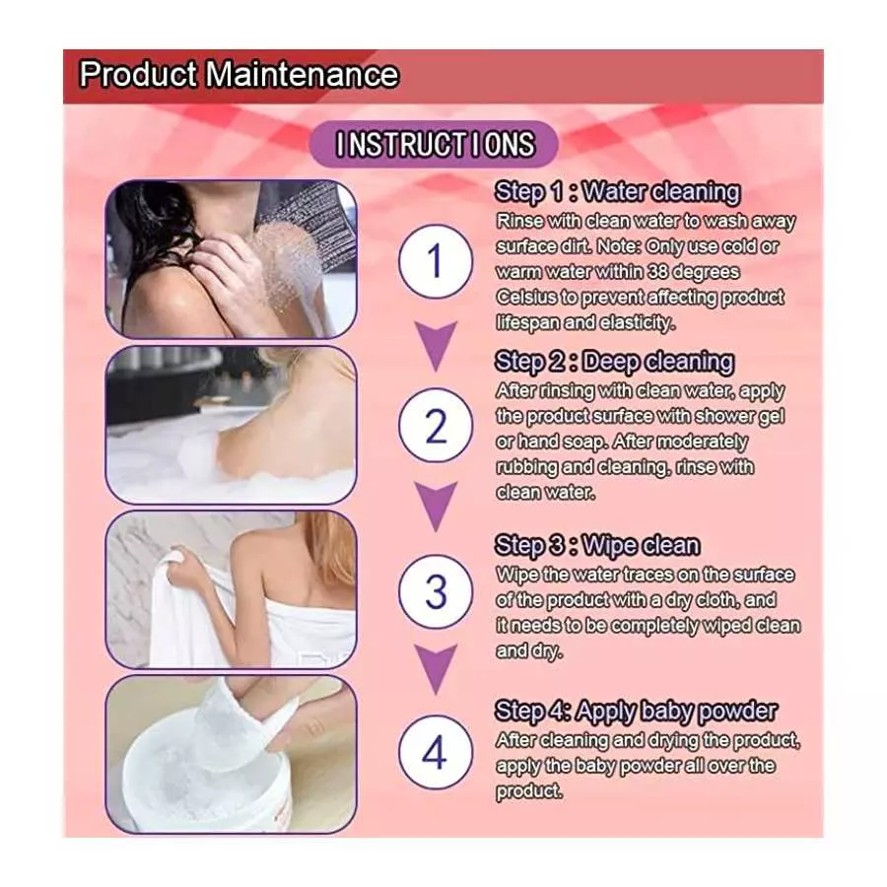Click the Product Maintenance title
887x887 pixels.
[239, 76]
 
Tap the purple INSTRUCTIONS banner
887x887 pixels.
[435, 144]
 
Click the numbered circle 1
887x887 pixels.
[436, 263]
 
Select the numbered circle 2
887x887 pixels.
[436, 428]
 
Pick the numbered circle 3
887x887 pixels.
[436, 592]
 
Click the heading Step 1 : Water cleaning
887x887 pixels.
[618, 191]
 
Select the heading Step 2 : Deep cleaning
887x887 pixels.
[614, 362]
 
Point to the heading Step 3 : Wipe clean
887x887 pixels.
[597, 546]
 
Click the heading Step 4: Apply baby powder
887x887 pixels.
[637, 712]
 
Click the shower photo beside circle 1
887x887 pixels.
[231, 258]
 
